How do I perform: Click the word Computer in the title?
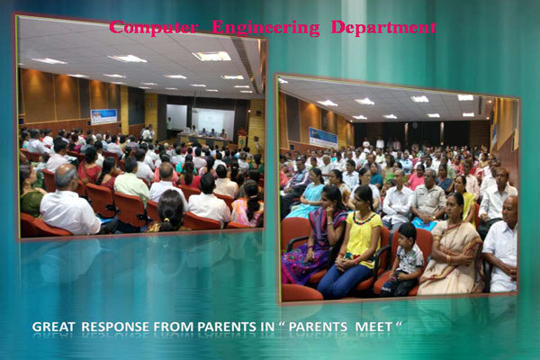click(x=154, y=28)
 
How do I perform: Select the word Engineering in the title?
click(x=265, y=28)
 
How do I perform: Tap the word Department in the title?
click(x=383, y=28)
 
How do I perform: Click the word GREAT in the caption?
click(x=53, y=327)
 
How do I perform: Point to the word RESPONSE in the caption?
click(x=116, y=327)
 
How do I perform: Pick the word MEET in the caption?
click(x=373, y=327)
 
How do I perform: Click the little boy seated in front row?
click(x=403, y=259)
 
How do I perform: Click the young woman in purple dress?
click(x=315, y=235)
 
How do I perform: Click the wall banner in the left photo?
click(x=103, y=116)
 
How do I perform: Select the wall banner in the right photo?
click(x=323, y=138)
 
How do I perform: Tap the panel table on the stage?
click(x=203, y=140)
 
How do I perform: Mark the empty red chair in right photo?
click(x=301, y=292)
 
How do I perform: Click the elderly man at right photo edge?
click(x=501, y=244)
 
